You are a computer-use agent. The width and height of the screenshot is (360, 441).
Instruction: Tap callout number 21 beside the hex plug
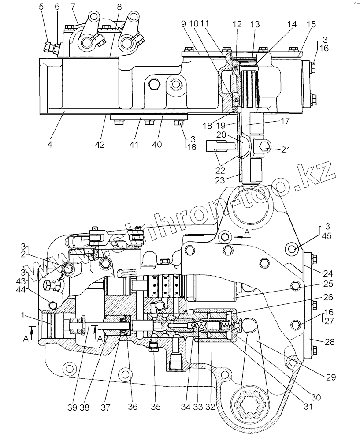click(286, 150)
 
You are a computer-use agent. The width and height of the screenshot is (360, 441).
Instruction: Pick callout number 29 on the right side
click(331, 377)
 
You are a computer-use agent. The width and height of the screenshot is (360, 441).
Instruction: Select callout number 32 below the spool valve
click(211, 407)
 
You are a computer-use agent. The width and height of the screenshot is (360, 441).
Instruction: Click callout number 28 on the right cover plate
click(329, 342)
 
